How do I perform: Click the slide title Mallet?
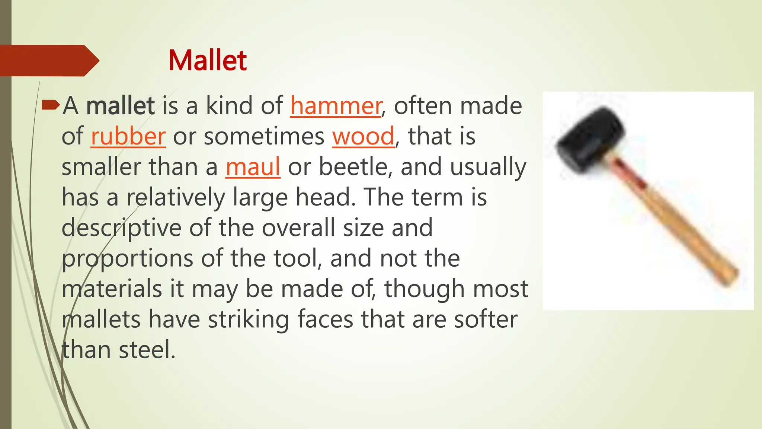207,60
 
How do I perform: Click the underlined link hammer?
336,106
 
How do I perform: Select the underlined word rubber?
128,136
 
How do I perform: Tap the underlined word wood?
363,136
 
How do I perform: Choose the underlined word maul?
253,167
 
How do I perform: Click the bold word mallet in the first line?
120,106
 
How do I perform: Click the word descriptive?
121,228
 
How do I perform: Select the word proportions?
127,258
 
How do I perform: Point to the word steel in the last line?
147,350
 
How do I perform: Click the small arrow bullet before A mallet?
50,105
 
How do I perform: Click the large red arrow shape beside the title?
48,60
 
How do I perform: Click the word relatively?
176,197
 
